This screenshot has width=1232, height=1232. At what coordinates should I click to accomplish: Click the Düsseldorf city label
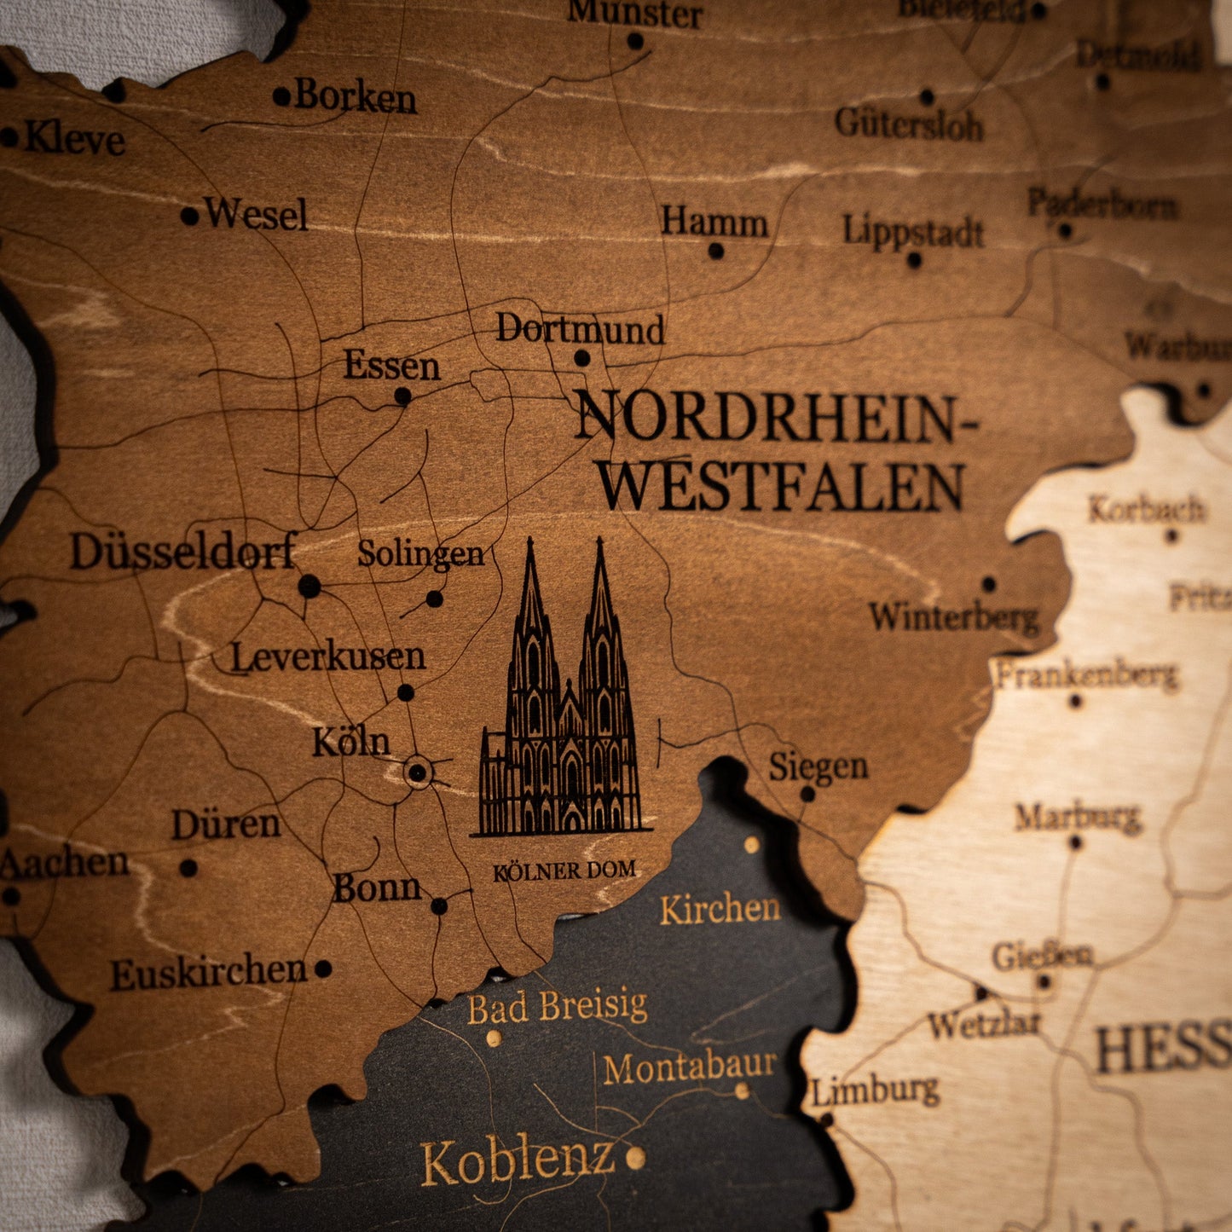click(183, 552)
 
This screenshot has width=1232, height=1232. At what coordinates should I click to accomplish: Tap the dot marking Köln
click(417, 773)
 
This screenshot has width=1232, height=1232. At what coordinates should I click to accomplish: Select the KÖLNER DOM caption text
click(564, 870)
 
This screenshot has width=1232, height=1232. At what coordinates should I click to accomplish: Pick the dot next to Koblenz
click(635, 1157)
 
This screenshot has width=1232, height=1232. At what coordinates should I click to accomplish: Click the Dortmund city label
click(580, 329)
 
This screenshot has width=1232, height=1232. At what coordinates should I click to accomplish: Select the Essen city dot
click(402, 396)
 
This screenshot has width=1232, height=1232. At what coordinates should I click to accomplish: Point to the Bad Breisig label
click(558, 1007)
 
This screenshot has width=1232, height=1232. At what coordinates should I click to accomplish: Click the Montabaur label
click(690, 1067)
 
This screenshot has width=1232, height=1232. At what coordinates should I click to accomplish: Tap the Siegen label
click(818, 766)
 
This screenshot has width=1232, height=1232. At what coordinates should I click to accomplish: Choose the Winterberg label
click(954, 616)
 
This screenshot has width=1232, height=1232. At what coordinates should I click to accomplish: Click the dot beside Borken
click(281, 96)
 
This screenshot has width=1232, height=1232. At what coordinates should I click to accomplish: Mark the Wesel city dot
click(189, 216)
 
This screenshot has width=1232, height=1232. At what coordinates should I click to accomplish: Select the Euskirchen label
click(209, 973)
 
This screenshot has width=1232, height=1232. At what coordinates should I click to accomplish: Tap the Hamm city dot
click(716, 251)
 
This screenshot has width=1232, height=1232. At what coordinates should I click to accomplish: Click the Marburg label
click(1078, 817)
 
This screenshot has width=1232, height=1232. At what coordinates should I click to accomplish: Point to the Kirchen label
click(720, 909)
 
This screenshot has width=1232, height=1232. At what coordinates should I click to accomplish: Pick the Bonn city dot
click(439, 905)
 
